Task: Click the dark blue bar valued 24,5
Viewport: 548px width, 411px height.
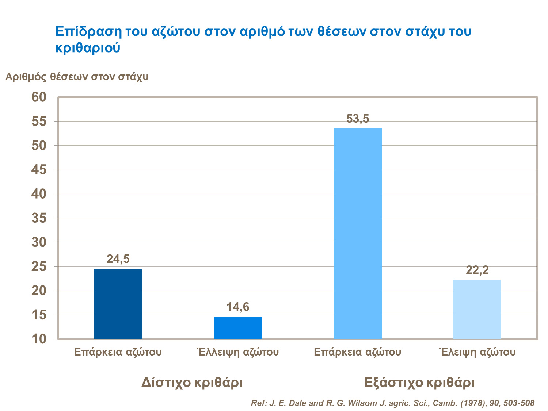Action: pos(118,304)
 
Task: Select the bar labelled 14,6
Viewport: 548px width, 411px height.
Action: pos(238,328)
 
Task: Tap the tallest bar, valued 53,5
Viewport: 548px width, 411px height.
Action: pos(358,234)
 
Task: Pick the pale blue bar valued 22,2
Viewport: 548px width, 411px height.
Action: pos(477,309)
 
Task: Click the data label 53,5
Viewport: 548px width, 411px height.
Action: pos(358,119)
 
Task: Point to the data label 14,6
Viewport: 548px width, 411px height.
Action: pos(238,307)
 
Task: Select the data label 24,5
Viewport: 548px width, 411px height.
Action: pos(118,259)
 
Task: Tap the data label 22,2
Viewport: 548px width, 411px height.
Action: pos(477,270)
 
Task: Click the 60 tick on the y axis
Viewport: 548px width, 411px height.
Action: pos(39,97)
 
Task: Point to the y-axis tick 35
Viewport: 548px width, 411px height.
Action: pos(39,218)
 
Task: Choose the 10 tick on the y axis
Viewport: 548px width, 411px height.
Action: pos(39,339)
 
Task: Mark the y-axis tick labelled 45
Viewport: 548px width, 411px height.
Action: pos(39,170)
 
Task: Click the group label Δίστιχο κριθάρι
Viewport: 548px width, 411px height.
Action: pos(192,383)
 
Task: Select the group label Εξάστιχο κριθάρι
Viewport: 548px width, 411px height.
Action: pos(419,383)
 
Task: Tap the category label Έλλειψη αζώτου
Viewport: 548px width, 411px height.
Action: pos(237,352)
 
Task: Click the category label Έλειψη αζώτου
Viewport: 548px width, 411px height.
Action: pos(477,352)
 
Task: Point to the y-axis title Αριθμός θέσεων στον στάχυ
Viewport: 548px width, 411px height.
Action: pos(77,77)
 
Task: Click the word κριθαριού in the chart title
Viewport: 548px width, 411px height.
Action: pos(88,48)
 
